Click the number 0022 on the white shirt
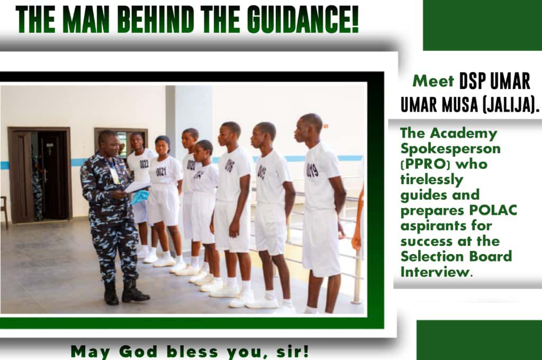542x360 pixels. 144,164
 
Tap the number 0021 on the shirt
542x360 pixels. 161,172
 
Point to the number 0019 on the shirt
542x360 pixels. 312,170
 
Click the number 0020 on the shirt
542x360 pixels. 191,165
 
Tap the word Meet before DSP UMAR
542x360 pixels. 433,82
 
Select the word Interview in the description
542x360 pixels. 435,272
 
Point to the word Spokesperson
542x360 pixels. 450,149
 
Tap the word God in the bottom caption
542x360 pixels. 138,352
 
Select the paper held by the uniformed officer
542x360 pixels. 137,187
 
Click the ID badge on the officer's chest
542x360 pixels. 114,175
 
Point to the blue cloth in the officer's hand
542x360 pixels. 140,197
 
